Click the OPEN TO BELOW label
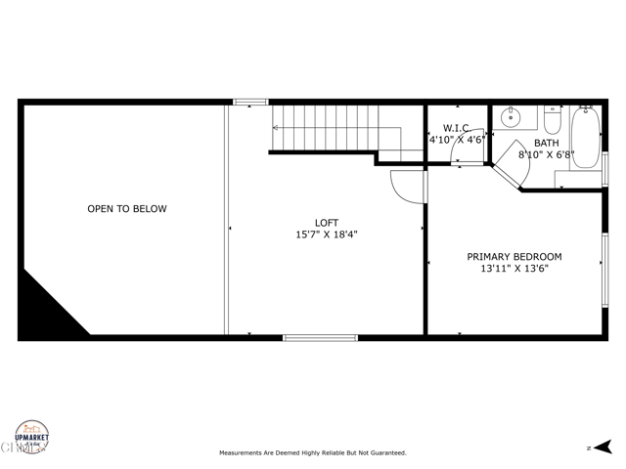click(x=127, y=209)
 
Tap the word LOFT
click(x=327, y=223)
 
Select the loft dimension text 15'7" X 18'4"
click(x=327, y=235)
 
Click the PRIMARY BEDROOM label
click(x=514, y=257)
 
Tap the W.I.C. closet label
click(x=458, y=128)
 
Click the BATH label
click(x=547, y=143)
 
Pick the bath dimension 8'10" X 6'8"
click(x=547, y=154)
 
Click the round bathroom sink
click(x=510, y=118)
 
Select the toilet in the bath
click(x=553, y=121)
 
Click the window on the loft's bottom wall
click(x=320, y=338)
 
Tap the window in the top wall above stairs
click(x=250, y=101)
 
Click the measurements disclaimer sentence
click(x=312, y=453)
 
